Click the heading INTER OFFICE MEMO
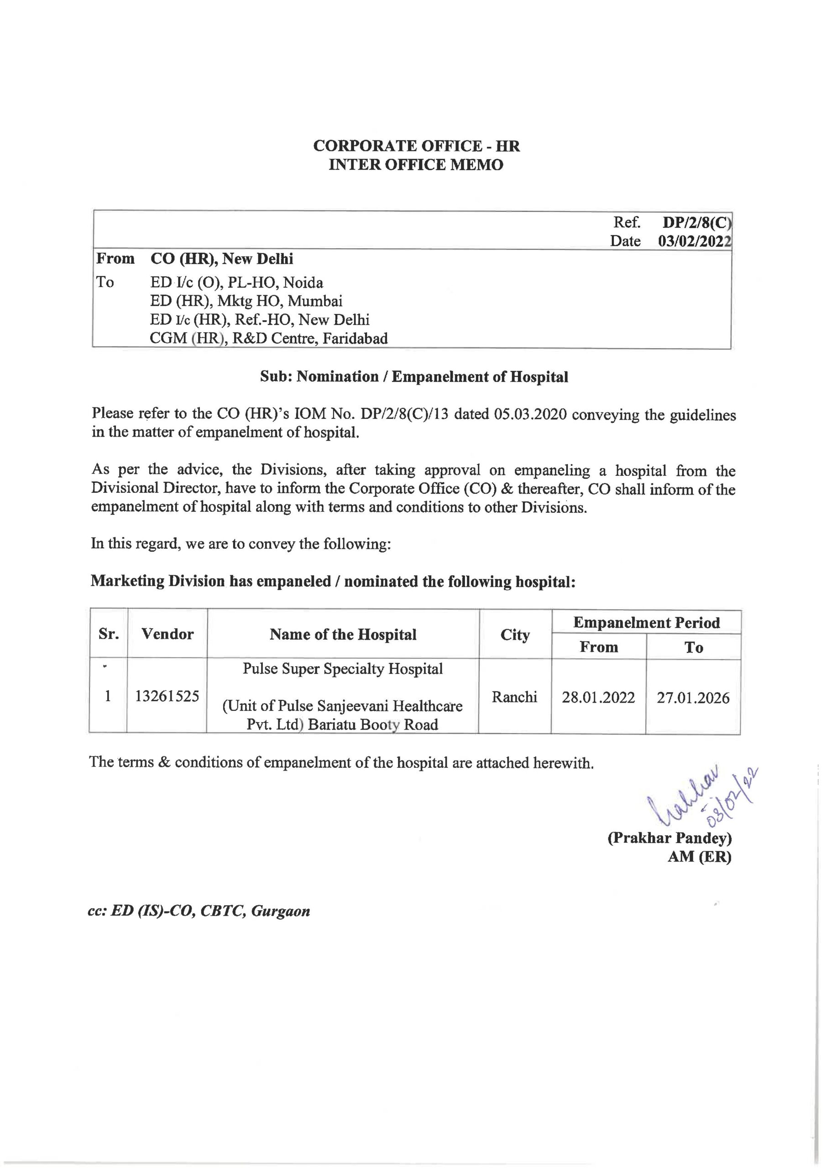point(416,165)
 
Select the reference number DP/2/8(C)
point(696,222)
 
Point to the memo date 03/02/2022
point(694,241)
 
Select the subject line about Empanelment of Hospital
point(414,376)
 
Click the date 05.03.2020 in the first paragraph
point(530,414)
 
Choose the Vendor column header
point(167,634)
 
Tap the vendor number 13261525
point(167,696)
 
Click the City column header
point(515,635)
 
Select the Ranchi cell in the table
point(514,696)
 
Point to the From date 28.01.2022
point(598,697)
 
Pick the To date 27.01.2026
point(693,698)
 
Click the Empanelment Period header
point(646,623)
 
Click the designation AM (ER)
point(699,857)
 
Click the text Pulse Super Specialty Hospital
point(343,668)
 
